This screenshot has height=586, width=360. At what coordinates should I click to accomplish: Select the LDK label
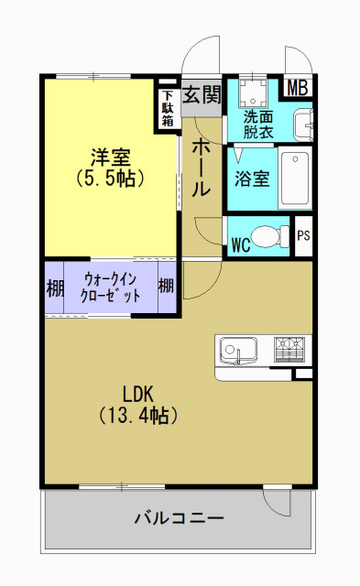tap(137, 394)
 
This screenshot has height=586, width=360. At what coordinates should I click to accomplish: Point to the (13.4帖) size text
tap(137, 416)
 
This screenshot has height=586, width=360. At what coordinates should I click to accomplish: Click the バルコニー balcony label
tap(179, 519)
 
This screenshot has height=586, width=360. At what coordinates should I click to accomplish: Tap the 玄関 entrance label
tap(202, 93)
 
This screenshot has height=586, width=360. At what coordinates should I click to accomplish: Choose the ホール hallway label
tap(201, 167)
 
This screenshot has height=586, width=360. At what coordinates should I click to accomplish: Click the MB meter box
tap(298, 88)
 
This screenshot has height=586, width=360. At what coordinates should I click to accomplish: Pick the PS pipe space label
tap(304, 235)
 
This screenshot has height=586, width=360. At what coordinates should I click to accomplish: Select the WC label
tap(241, 244)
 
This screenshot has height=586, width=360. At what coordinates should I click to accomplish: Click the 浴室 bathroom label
tap(251, 178)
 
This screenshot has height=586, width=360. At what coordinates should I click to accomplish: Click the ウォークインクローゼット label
tap(111, 288)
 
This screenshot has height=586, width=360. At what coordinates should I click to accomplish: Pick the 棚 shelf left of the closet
tap(55, 288)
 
